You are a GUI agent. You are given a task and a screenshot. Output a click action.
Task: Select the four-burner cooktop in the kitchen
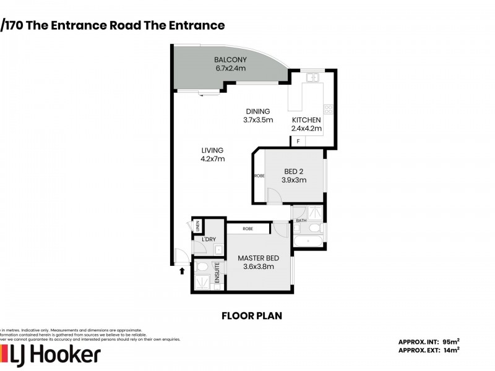(x=329, y=109)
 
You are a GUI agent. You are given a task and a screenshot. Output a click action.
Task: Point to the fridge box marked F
(x=298, y=142)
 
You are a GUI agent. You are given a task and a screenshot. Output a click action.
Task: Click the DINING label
(x=258, y=111)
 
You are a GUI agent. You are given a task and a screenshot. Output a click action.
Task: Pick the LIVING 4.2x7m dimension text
(x=212, y=159)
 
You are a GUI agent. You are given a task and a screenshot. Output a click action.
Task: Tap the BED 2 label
(x=295, y=171)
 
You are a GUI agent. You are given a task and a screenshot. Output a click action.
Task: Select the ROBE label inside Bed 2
(x=259, y=176)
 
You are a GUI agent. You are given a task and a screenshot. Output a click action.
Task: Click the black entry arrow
(x=182, y=270)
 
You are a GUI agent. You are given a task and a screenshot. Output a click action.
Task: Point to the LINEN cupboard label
(x=197, y=226)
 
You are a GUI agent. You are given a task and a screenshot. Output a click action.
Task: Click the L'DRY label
(x=208, y=239)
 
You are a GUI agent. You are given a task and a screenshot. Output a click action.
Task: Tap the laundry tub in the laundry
(x=218, y=249)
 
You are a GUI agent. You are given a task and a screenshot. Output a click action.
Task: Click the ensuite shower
(x=202, y=281)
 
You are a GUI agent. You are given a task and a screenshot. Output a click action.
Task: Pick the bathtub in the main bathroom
(x=308, y=241)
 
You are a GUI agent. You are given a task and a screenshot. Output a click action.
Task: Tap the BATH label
(x=301, y=221)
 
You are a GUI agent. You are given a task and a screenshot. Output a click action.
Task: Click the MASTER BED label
(x=258, y=258)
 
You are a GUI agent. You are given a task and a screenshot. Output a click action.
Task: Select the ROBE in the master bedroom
(x=248, y=228)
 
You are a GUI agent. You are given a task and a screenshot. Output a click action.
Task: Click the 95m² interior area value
(x=450, y=341)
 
